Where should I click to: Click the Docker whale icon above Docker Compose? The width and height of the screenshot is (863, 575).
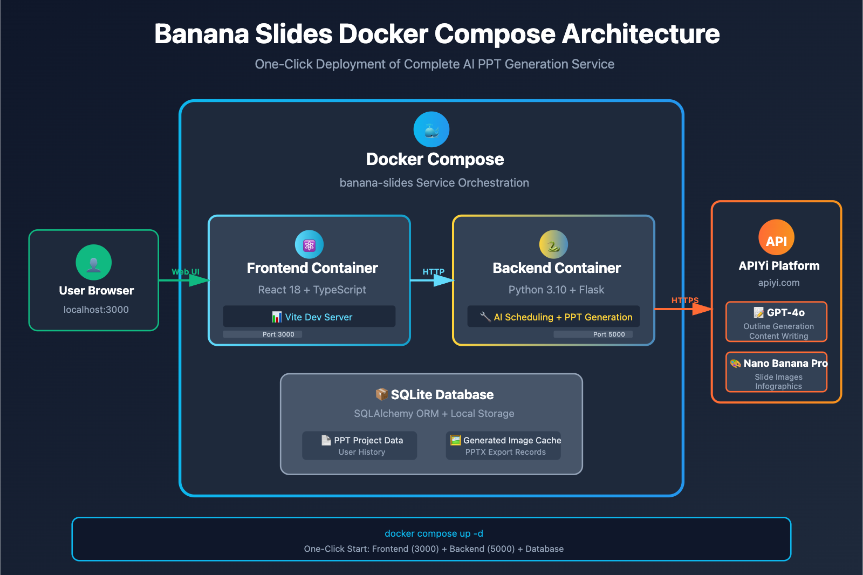click(431, 129)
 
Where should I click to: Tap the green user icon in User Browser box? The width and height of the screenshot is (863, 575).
click(94, 262)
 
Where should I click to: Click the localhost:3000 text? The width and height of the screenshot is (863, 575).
click(96, 310)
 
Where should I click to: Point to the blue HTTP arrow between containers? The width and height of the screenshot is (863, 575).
click(433, 280)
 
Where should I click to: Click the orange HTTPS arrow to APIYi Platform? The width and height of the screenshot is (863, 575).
click(684, 309)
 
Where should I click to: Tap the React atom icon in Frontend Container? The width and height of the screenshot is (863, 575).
click(309, 245)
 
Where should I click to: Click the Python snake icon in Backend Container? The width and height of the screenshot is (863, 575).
click(553, 245)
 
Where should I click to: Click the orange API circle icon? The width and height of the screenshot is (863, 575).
click(776, 238)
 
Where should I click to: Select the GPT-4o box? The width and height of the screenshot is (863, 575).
click(777, 322)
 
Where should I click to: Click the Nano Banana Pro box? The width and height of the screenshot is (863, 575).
click(777, 372)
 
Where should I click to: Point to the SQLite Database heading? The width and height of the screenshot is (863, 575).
click(435, 395)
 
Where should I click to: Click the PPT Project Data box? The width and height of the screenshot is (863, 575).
click(360, 446)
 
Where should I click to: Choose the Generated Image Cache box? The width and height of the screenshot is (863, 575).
click(504, 446)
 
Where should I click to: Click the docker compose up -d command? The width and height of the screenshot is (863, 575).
click(434, 533)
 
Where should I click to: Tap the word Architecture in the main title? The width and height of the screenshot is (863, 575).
click(641, 34)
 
